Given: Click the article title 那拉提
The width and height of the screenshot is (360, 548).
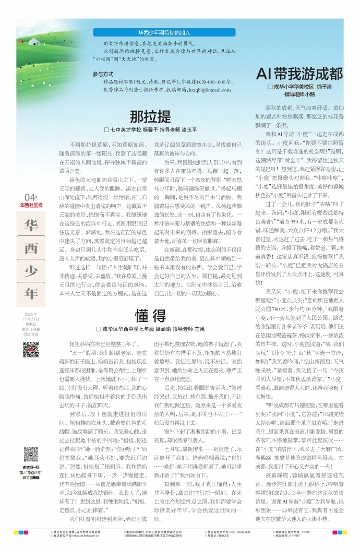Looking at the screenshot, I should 150,116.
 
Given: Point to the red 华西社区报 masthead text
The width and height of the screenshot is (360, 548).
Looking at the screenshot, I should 31,205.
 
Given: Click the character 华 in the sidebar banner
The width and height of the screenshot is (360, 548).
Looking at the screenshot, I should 31,225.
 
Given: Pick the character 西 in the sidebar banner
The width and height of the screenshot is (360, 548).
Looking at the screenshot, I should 31,248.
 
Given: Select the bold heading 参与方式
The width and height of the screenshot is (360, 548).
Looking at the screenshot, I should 103,74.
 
